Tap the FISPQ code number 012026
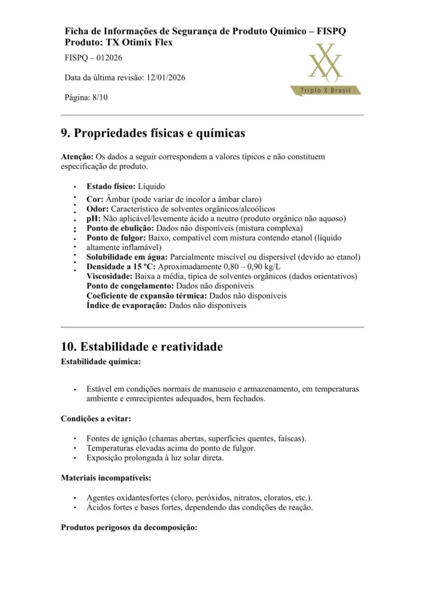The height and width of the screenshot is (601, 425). click(x=107, y=58)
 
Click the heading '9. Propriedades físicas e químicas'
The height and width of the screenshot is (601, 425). click(x=153, y=133)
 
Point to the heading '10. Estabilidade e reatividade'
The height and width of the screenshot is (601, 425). click(x=141, y=347)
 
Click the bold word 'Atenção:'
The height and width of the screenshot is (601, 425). click(x=77, y=157)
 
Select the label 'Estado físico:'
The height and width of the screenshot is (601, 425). click(x=111, y=186)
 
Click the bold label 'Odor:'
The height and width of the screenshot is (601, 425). click(x=97, y=208)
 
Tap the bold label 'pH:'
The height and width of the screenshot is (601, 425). click(x=93, y=218)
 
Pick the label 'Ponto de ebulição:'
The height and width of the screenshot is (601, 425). click(x=120, y=228)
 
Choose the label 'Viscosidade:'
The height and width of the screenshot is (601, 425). click(x=109, y=276)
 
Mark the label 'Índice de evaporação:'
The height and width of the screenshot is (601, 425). click(x=126, y=305)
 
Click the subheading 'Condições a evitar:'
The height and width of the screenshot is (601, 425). click(x=96, y=418)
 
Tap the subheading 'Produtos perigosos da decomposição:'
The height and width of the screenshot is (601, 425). click(x=129, y=527)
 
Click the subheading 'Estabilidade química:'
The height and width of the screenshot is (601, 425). click(x=100, y=362)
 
